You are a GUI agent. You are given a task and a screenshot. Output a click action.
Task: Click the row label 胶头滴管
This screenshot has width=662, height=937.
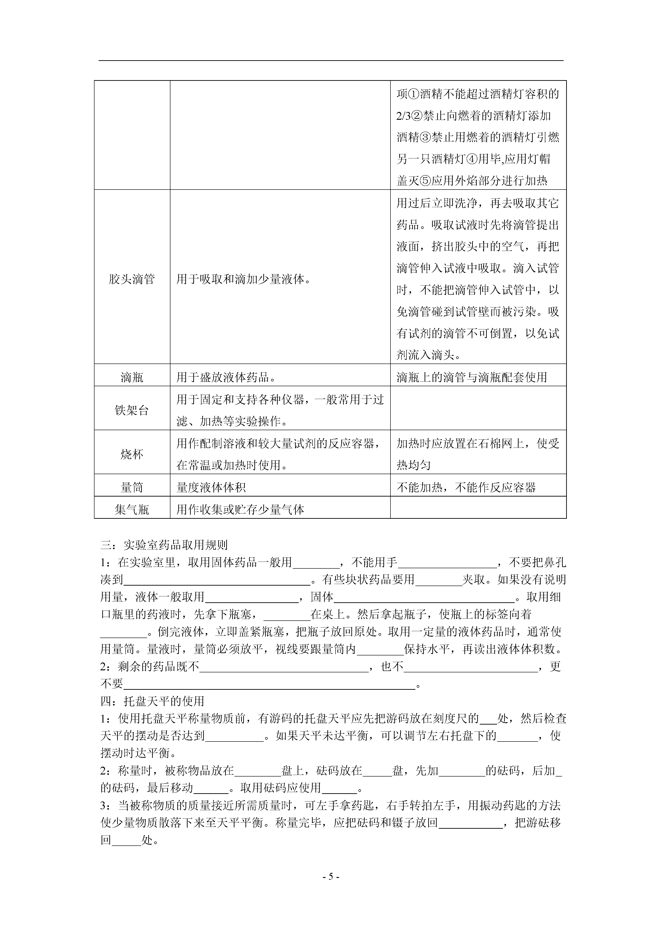[132, 280]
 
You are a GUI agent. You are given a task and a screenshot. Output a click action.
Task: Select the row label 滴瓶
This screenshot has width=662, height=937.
[132, 377]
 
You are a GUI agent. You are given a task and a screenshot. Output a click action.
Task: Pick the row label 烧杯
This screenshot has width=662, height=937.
[132, 454]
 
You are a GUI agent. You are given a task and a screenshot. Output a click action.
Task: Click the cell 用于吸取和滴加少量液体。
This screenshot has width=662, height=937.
[244, 280]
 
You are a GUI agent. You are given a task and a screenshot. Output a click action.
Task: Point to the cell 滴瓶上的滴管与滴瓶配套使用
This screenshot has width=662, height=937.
[471, 377]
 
